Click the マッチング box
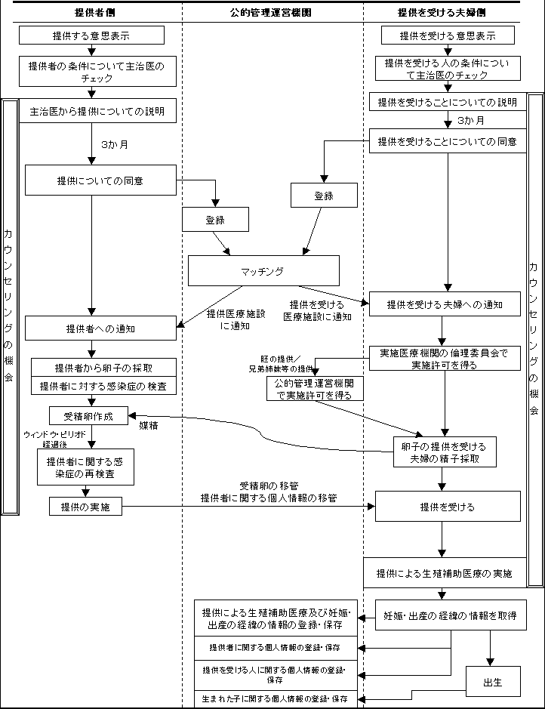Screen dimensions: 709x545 tap(263, 270)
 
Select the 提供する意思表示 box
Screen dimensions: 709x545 tap(91, 35)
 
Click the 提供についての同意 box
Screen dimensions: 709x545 tap(100, 181)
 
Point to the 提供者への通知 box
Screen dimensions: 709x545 tap(100, 328)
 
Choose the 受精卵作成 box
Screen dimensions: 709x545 tap(89, 415)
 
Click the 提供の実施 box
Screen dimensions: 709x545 tap(85, 507)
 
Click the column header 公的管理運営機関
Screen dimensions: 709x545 tap(271, 13)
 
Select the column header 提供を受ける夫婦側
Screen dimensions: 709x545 tap(442, 13)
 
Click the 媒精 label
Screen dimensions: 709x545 tap(149, 425)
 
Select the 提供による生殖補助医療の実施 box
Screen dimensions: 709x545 tap(445, 573)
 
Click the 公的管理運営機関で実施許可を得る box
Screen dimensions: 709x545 tap(314, 389)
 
